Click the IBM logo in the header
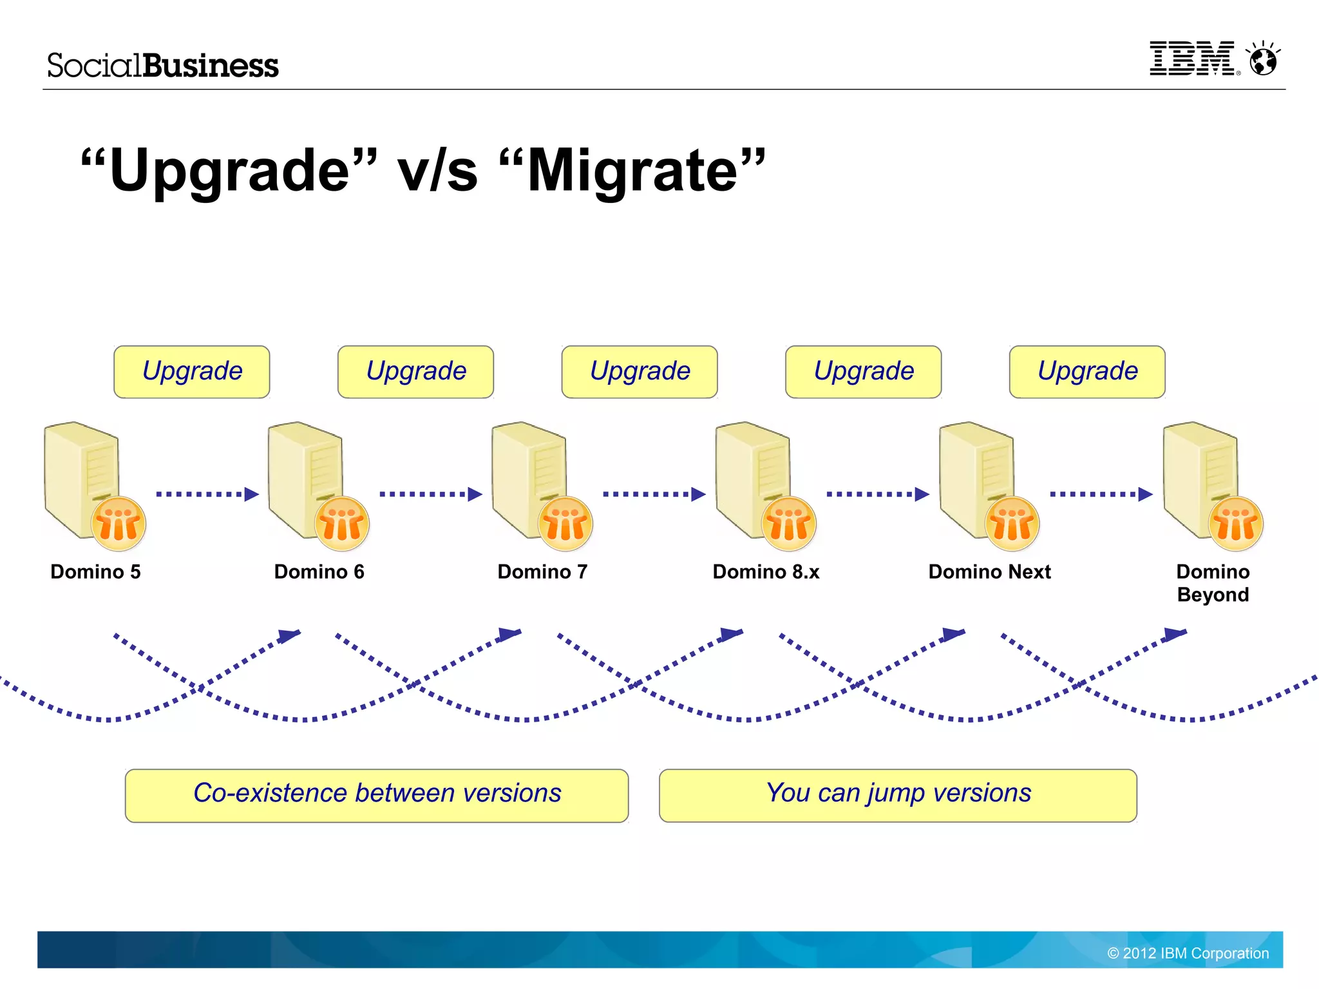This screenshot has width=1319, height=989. [x=1192, y=59]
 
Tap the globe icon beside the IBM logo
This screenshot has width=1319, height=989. [x=1263, y=60]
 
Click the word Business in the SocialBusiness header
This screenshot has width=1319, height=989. [x=211, y=66]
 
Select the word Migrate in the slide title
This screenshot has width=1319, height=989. [x=631, y=171]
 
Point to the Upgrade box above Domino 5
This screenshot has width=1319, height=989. [x=192, y=372]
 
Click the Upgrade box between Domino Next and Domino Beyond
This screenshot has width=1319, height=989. [x=1087, y=372]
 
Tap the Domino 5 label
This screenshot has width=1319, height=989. [x=95, y=571]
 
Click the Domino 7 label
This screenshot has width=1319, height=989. [x=542, y=571]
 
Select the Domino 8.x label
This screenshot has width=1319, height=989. [x=766, y=571]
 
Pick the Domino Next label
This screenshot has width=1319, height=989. [x=989, y=571]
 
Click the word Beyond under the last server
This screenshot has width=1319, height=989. [x=1213, y=595]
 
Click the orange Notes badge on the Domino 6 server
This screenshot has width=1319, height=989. [x=342, y=524]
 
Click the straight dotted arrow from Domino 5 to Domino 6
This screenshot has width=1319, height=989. [x=207, y=494]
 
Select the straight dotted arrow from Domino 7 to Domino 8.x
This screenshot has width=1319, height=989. [x=654, y=494]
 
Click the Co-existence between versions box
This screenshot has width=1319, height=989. [x=377, y=795]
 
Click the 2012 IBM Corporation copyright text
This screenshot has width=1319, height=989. [x=1188, y=953]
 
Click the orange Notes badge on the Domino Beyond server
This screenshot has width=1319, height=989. [x=1236, y=524]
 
